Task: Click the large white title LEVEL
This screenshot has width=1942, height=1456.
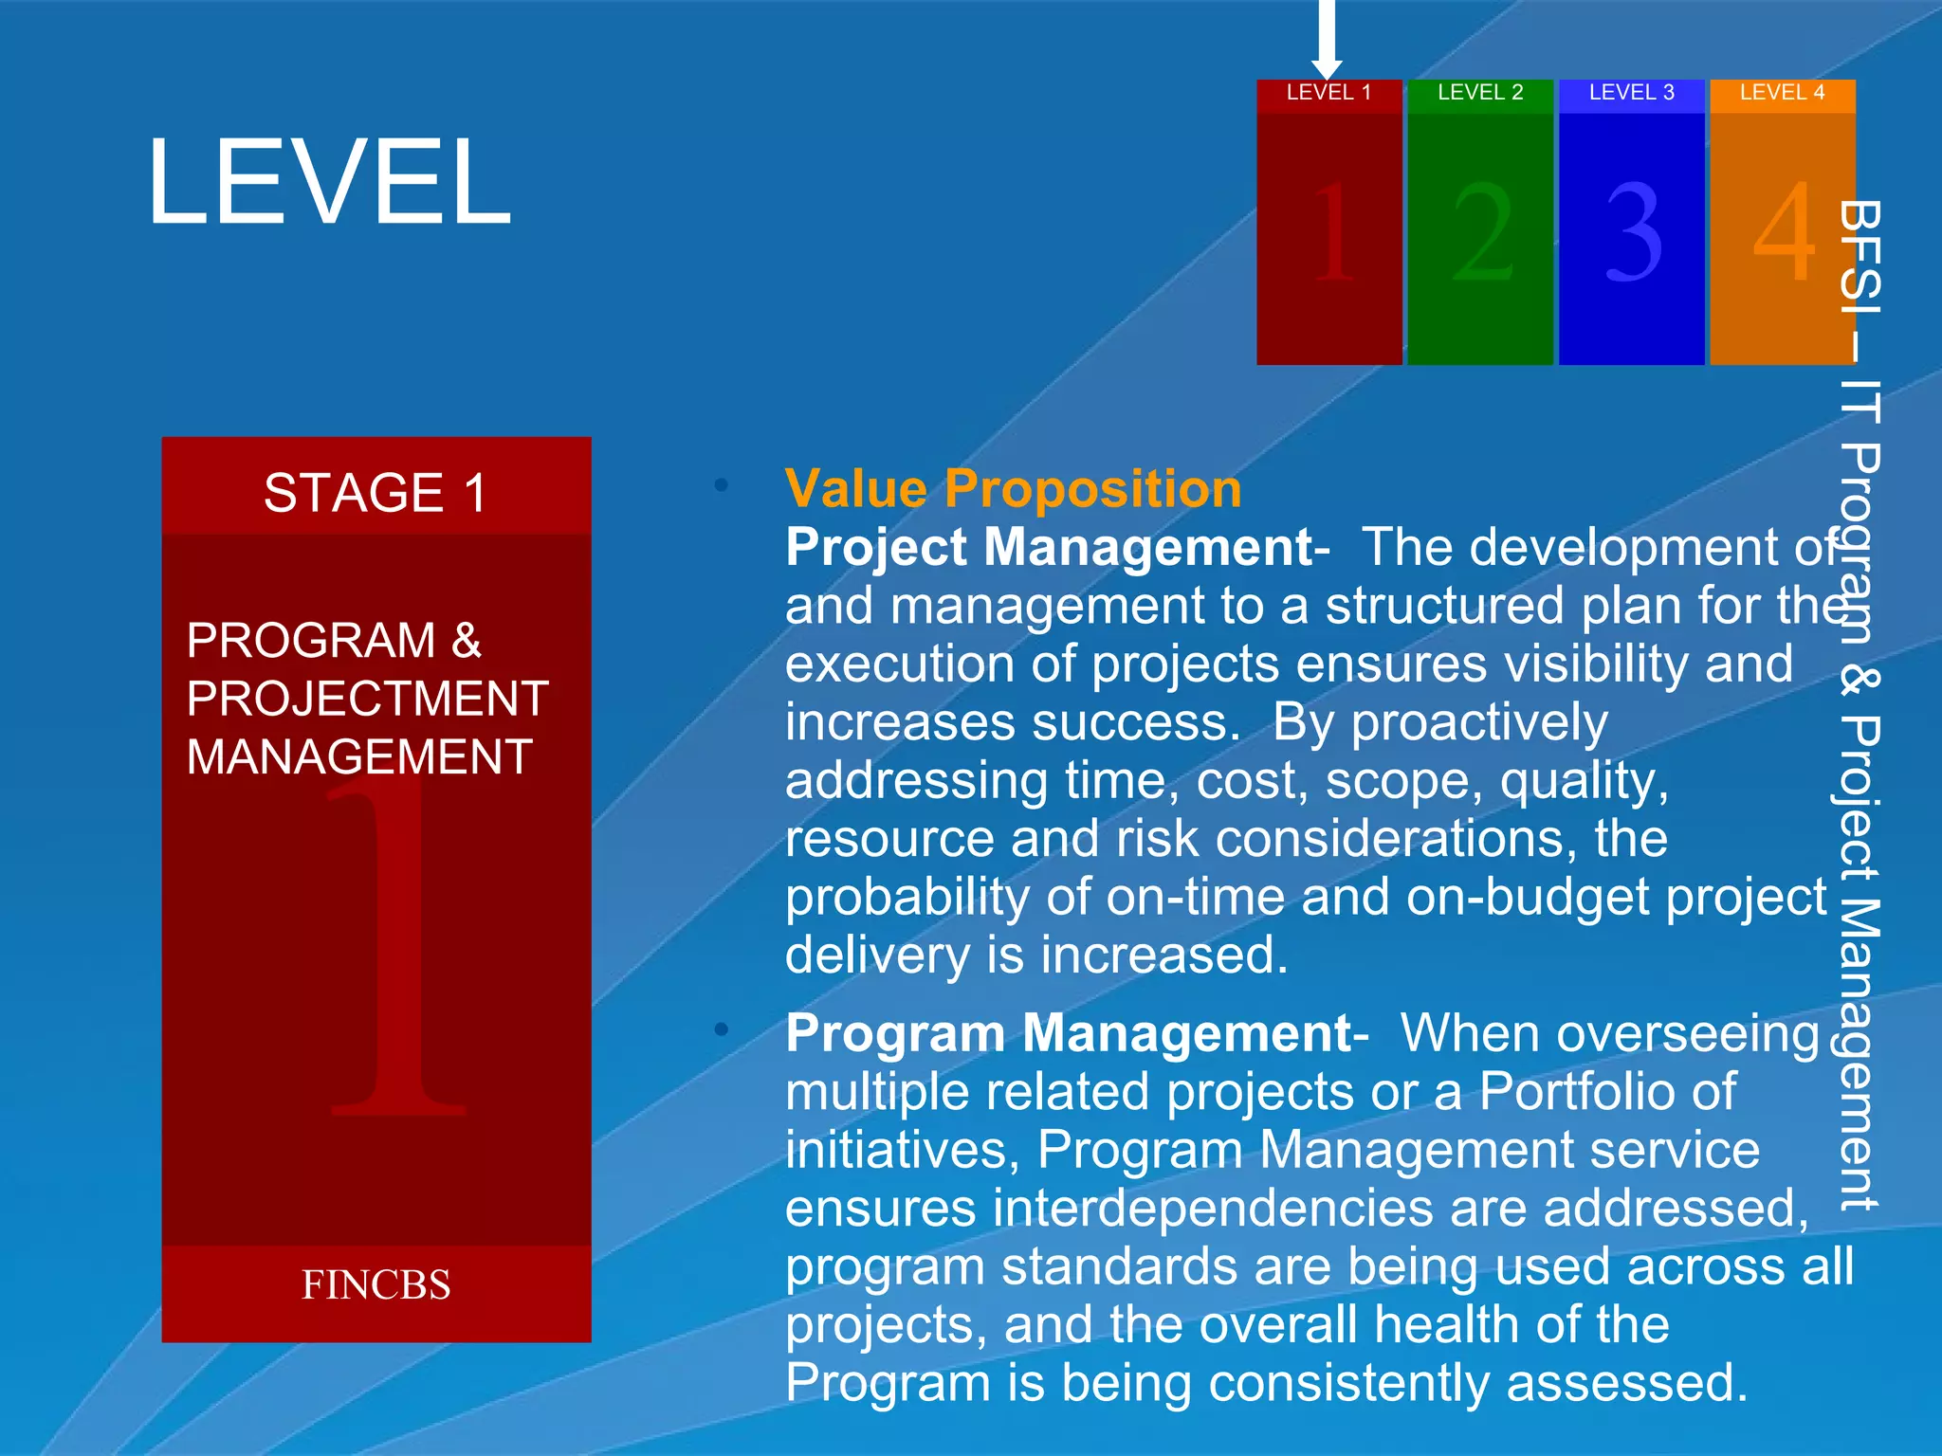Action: tap(329, 181)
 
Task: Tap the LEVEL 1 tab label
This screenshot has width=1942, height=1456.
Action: tap(1328, 93)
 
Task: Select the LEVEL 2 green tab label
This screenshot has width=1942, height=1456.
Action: tap(1480, 93)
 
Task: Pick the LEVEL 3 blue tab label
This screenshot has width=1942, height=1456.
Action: tap(1631, 93)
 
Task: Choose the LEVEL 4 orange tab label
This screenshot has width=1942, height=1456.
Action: tap(1782, 93)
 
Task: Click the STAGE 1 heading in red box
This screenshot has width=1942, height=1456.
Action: tap(376, 493)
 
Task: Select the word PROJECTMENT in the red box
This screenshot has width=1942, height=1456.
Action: tap(367, 700)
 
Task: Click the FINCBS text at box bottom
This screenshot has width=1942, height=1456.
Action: tap(376, 1285)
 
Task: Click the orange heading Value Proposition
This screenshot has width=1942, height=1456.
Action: tap(1013, 489)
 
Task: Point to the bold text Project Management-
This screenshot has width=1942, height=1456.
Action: tap(1056, 548)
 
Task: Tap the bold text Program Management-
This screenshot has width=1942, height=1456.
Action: tap(1076, 1033)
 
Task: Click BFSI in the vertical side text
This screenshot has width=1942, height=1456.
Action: tap(1860, 256)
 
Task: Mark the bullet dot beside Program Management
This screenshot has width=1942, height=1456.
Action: tap(722, 1028)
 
